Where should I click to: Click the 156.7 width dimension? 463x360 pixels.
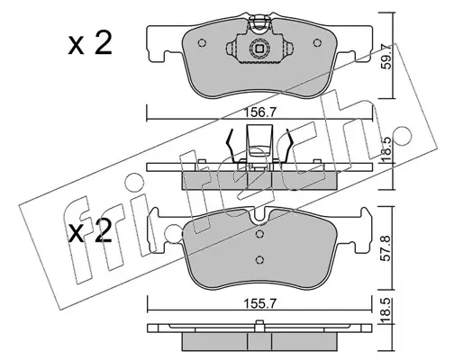coord(259,113)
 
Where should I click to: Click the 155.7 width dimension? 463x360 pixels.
coord(259,304)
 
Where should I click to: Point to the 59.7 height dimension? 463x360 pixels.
coord(387,57)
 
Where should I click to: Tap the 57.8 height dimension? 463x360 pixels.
coord(387,248)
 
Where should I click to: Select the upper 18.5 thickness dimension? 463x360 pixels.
coord(387,150)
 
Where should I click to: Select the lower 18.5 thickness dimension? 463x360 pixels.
coord(387,310)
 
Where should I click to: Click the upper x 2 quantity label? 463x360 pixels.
coord(90,43)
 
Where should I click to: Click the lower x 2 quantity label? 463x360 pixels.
coord(90,231)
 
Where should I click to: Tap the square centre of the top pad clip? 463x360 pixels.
coord(259,49)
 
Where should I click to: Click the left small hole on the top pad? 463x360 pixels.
coord(202,43)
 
